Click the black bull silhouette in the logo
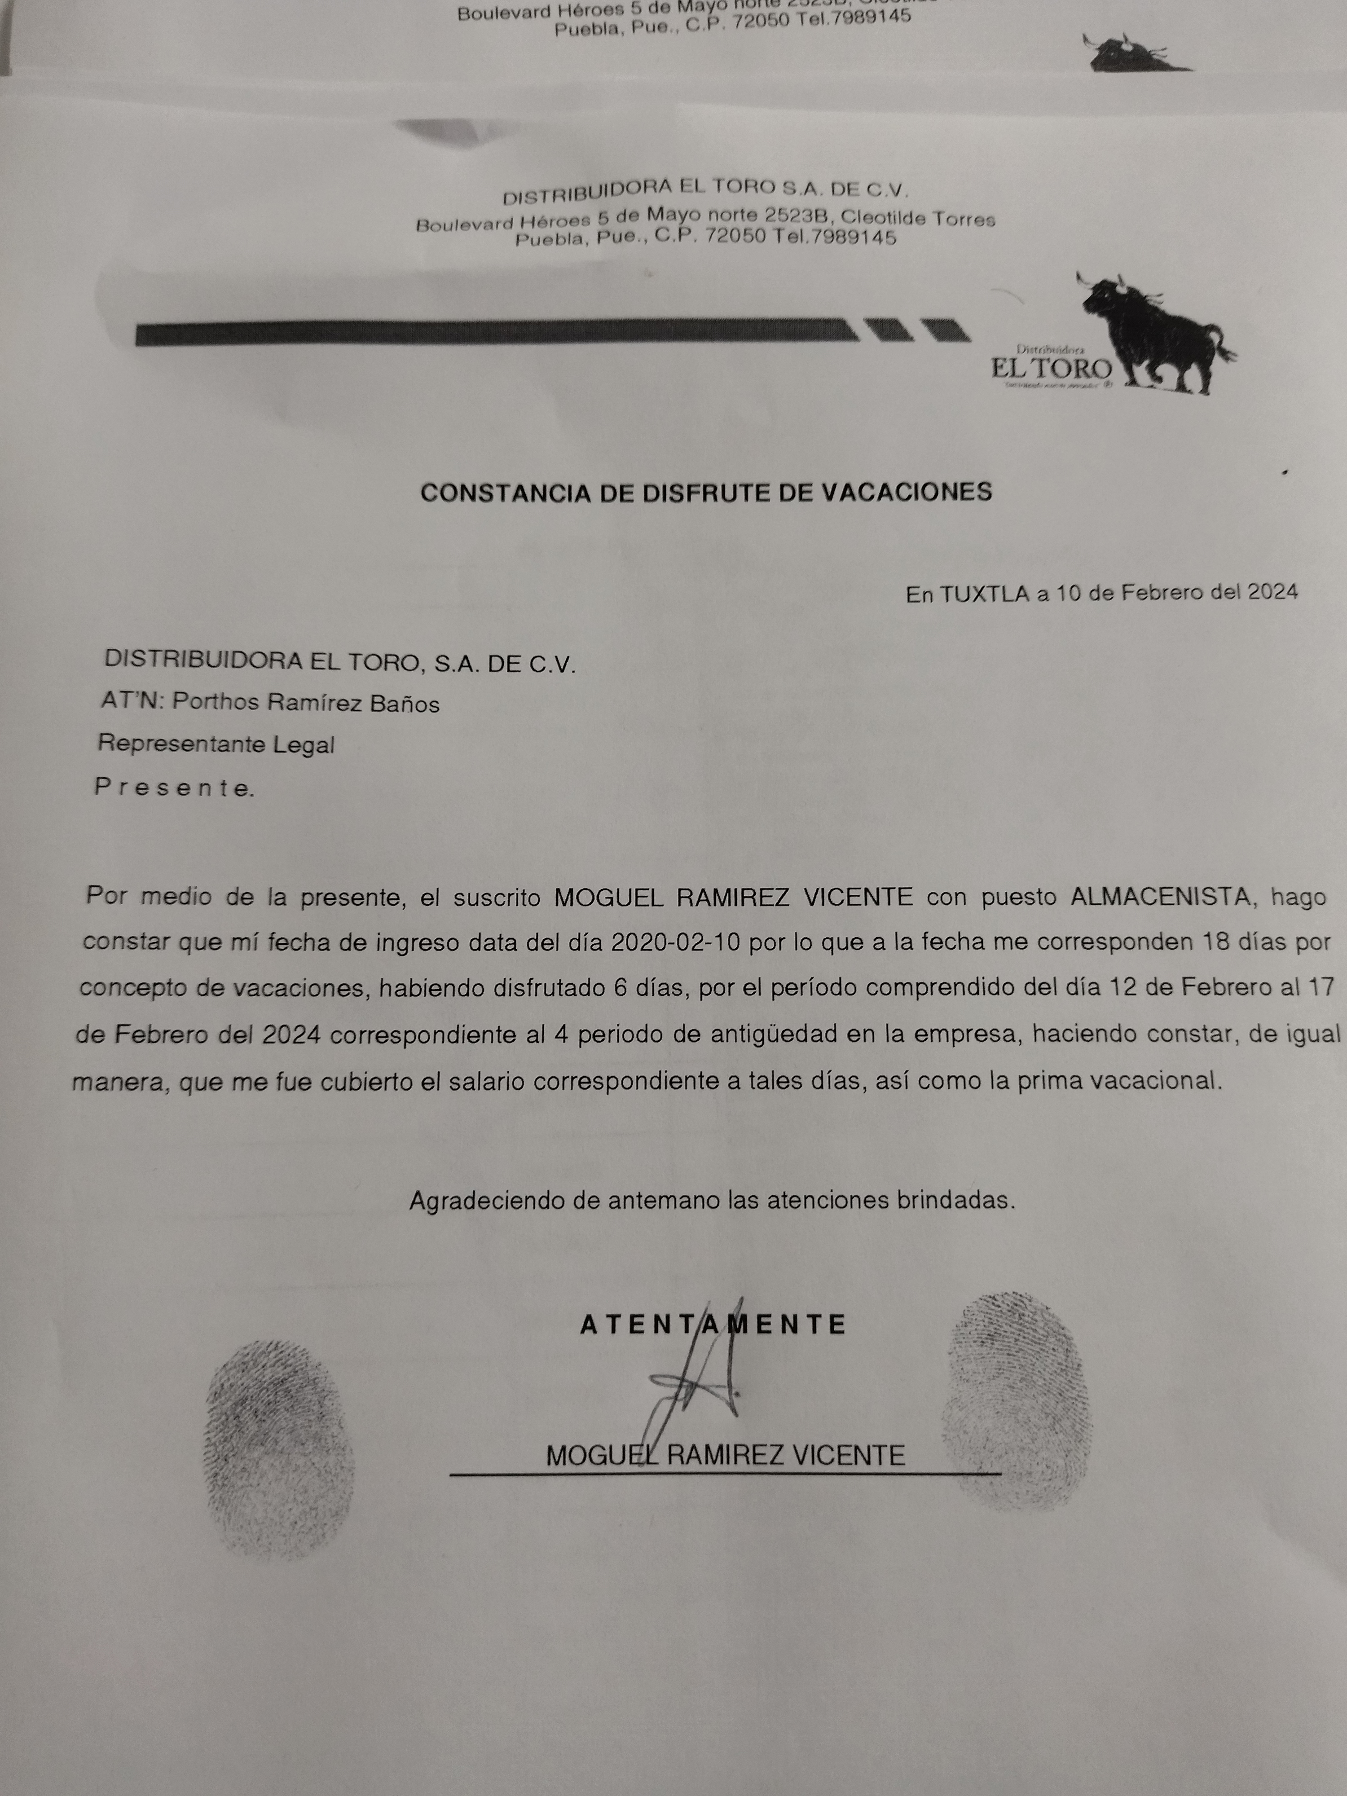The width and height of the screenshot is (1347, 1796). click(1153, 329)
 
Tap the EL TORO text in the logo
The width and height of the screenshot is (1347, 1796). click(1051, 369)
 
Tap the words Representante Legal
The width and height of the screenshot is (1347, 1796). click(216, 744)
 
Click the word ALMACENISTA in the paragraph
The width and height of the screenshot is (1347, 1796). click(1159, 897)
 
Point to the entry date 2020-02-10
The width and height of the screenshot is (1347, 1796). click(676, 942)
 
